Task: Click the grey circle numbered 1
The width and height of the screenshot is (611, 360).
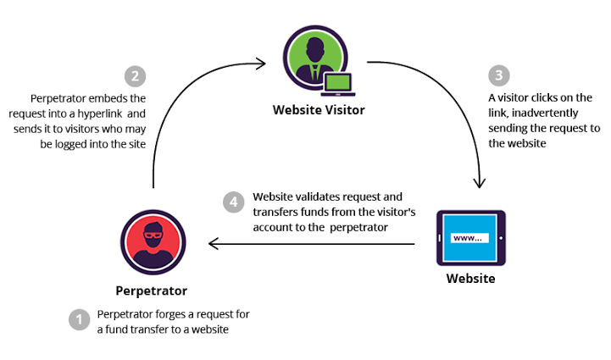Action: [80, 319]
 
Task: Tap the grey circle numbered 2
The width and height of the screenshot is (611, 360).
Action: [136, 76]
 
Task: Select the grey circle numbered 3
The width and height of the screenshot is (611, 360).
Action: [499, 75]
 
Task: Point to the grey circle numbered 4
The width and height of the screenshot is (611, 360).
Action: [233, 202]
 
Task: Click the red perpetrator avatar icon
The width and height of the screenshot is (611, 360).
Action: [153, 242]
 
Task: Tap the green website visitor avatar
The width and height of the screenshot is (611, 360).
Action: [315, 58]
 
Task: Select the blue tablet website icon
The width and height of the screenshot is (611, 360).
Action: [471, 238]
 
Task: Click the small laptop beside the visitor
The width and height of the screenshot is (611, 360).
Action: [338, 84]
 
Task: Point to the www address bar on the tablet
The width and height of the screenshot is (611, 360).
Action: [469, 238]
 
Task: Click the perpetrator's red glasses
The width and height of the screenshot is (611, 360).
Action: [153, 235]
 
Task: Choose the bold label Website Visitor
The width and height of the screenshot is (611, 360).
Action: [319, 110]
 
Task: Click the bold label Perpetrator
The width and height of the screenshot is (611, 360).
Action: [152, 291]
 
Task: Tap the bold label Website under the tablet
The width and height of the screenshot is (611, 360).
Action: [470, 279]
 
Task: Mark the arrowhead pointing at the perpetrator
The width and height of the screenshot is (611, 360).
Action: [214, 244]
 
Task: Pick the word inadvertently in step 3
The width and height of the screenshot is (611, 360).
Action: [545, 113]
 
